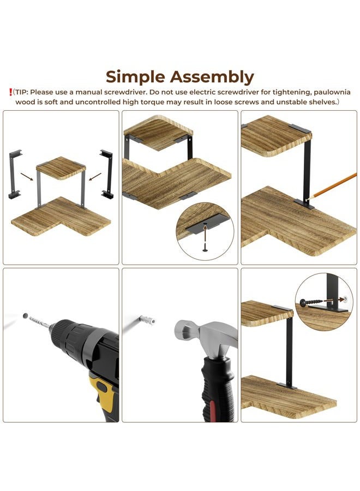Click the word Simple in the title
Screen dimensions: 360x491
click(135, 77)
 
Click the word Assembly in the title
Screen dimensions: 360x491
click(212, 77)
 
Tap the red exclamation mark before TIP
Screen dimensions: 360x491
click(11, 92)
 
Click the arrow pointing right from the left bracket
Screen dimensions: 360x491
click(27, 177)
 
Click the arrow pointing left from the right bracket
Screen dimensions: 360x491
click(95, 177)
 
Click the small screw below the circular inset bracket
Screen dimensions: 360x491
click(205, 247)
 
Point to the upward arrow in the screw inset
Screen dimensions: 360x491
click(205, 233)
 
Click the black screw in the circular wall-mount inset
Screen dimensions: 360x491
click(311, 302)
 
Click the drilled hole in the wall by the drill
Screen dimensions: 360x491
click(25, 316)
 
